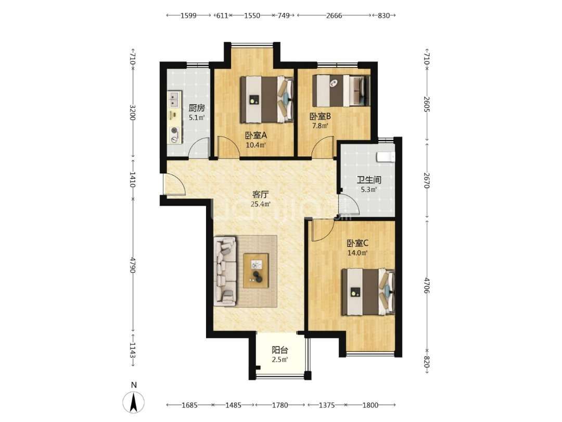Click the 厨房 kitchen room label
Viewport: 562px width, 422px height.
pos(196,108)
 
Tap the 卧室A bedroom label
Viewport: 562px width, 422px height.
pos(256,135)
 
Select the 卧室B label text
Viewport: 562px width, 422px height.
pos(320,116)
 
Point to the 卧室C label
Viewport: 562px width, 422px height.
pos(357,243)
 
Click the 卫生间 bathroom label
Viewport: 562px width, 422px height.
pos(369,180)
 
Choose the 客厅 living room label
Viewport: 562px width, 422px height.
pos(261,194)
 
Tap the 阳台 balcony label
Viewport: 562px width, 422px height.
pos(280,350)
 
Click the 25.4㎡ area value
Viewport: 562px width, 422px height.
pos(261,205)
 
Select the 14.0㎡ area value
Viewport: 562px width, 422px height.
pos(357,253)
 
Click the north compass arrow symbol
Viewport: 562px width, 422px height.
pos(134,402)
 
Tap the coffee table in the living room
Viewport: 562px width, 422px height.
pos(256,270)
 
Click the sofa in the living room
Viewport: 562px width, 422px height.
pos(225,271)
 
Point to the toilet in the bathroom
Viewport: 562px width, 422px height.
pos(385,156)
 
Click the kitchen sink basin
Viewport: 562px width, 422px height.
pos(175,99)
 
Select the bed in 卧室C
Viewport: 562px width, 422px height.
pos(368,292)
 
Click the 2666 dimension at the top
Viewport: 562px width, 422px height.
pos(334,16)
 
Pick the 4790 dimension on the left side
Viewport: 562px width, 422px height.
pos(132,265)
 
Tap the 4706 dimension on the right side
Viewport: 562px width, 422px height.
pos(426,286)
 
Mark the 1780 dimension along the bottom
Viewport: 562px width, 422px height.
pos(280,405)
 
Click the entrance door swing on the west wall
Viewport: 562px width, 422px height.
pos(174,184)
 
